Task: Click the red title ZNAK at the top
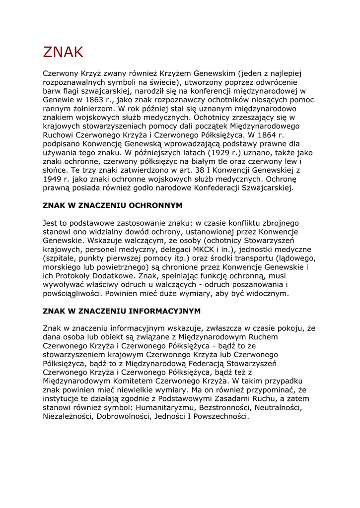click(63, 52)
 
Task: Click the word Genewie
click(58, 100)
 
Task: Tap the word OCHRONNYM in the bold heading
click(155, 205)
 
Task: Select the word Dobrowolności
click(127, 417)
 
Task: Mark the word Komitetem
click(131, 381)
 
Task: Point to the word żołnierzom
click(90, 109)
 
